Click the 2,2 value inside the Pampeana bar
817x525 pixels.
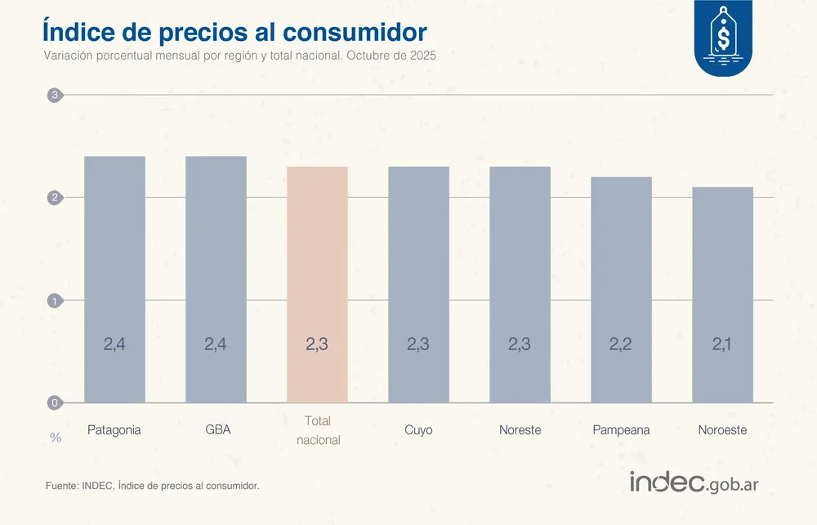coord(621,344)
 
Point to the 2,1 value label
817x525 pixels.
coord(722,344)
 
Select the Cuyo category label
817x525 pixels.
coord(418,430)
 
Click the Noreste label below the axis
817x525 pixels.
coord(520,430)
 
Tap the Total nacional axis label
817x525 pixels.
coord(317,430)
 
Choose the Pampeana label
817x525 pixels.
coord(621,430)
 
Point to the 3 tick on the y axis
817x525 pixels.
coord(55,96)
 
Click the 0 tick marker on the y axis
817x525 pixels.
coord(55,402)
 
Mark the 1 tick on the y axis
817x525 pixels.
coord(55,300)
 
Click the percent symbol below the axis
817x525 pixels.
coord(56,437)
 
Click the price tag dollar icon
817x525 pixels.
coord(723,37)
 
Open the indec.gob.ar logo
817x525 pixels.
coord(694,482)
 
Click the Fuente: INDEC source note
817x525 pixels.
coord(152,486)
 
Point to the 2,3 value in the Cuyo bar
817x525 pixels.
coord(418,344)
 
